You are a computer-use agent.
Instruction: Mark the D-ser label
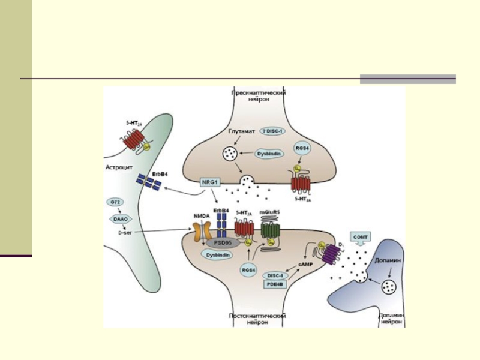click(125, 232)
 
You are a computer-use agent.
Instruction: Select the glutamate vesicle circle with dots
click(229, 154)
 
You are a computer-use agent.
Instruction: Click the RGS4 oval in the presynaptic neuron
click(300, 148)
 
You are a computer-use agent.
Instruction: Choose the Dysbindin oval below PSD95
click(217, 254)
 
